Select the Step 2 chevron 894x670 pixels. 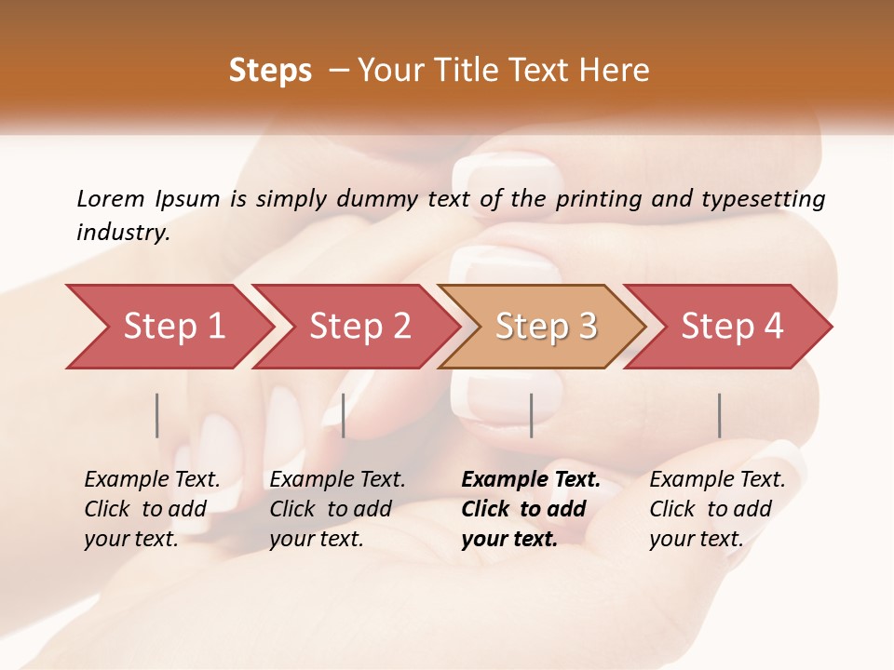click(359, 327)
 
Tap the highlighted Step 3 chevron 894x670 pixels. click(545, 327)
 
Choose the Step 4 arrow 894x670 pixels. click(732, 327)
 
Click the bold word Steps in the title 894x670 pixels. click(270, 71)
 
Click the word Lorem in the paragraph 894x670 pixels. click(111, 198)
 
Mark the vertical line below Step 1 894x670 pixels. click(157, 415)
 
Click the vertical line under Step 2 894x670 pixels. click(344, 415)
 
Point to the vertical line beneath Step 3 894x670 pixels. click(531, 415)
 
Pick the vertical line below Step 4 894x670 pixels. click(719, 415)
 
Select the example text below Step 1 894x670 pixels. click(152, 509)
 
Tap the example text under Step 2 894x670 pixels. click(337, 509)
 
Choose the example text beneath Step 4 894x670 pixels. click(717, 509)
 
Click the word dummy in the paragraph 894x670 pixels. click(380, 198)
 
